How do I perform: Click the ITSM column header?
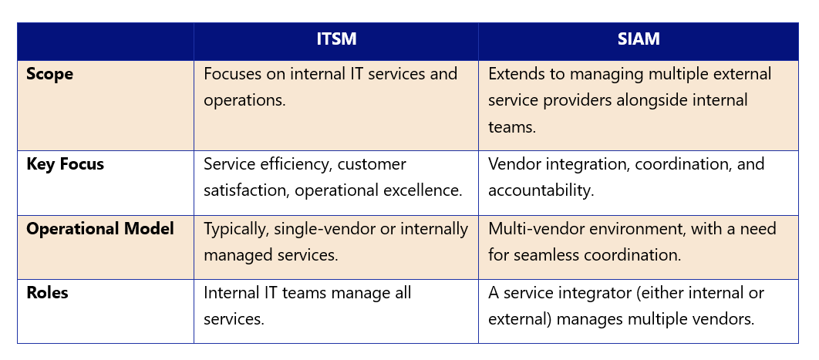pos(336,39)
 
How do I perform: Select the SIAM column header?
pos(639,39)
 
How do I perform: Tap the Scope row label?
pos(49,74)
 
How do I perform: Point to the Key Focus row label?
pos(66,164)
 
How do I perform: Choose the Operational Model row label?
pos(100,228)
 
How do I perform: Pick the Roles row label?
pos(48,292)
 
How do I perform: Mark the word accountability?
pos(541,190)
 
